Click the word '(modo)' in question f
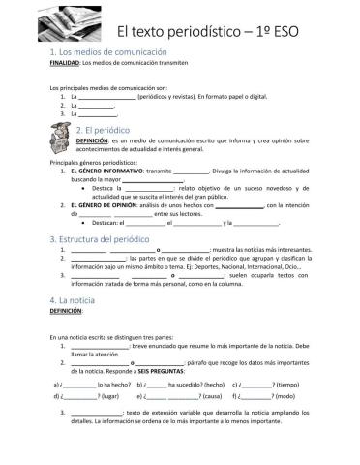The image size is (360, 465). point(285,397)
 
